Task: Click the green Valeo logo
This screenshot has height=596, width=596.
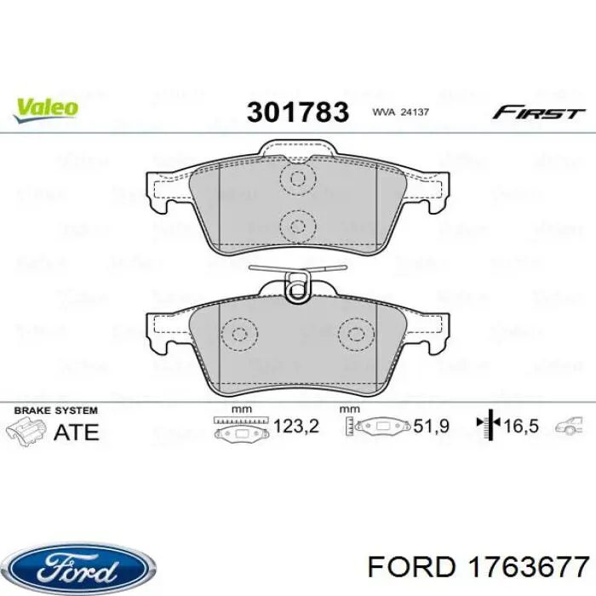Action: click(x=45, y=107)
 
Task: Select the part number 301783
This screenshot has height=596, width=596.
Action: click(x=298, y=112)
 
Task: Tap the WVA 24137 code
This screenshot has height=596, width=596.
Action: click(x=399, y=112)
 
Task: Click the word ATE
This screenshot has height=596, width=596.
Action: click(x=76, y=431)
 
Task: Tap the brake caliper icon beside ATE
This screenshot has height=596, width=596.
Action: click(x=26, y=429)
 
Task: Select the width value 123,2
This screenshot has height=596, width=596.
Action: click(x=296, y=426)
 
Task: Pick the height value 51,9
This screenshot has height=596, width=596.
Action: click(x=431, y=426)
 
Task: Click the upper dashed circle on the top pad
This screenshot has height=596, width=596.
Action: click(x=297, y=180)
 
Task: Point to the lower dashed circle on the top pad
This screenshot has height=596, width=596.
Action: click(x=297, y=226)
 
